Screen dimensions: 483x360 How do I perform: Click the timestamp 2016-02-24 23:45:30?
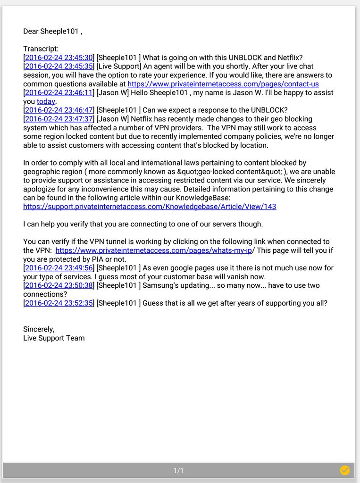tap(59, 58)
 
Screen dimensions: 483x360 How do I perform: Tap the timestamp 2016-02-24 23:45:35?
tap(59, 67)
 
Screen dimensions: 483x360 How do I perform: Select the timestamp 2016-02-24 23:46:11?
tap(59, 93)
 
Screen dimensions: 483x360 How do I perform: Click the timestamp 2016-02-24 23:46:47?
tap(59, 110)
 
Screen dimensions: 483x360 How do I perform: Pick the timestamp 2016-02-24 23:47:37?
tap(59, 119)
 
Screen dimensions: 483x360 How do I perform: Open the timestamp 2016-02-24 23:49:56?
tap(59, 268)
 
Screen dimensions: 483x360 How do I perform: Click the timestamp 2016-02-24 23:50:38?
tap(59, 286)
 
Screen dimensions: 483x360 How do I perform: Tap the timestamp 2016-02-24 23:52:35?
tap(59, 303)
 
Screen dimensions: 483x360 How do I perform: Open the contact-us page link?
tap(223, 84)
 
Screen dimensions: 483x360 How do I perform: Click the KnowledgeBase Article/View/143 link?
tap(150, 207)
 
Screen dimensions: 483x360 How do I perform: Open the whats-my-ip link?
tap(153, 250)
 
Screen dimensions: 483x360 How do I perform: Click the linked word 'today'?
tap(46, 101)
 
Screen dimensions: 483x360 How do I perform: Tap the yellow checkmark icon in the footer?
tap(345, 470)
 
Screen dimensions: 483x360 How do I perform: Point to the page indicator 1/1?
tap(178, 471)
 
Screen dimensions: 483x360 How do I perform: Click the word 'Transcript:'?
tap(41, 49)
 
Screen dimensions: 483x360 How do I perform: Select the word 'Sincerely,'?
tap(39, 329)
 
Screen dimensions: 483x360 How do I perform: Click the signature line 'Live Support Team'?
tap(54, 338)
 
